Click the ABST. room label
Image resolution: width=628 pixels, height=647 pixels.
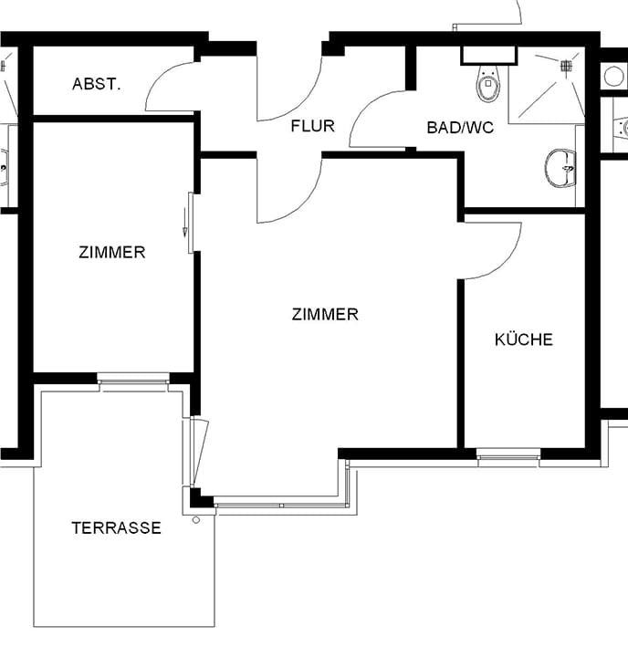click(x=97, y=84)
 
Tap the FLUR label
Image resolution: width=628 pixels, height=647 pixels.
click(x=313, y=126)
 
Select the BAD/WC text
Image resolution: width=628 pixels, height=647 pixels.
click(x=460, y=128)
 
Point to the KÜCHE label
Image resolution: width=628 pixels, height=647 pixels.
click(x=524, y=339)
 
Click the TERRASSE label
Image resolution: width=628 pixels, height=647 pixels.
click(x=116, y=527)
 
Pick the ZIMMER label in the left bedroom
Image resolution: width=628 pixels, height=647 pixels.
click(x=112, y=252)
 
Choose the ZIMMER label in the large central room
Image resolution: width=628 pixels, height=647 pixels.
click(x=325, y=315)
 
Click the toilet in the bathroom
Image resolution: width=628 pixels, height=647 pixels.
click(x=488, y=84)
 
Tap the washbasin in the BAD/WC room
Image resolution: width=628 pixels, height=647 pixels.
click(x=560, y=168)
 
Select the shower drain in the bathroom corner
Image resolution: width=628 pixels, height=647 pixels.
click(x=566, y=65)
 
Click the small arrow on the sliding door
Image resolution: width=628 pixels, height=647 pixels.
click(x=185, y=223)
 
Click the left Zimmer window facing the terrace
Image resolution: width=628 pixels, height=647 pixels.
click(x=133, y=379)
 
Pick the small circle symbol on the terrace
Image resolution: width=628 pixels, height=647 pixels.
click(x=196, y=520)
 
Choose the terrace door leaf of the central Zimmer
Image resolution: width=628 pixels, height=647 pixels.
click(x=200, y=453)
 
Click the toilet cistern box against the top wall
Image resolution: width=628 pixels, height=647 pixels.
click(x=489, y=56)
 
